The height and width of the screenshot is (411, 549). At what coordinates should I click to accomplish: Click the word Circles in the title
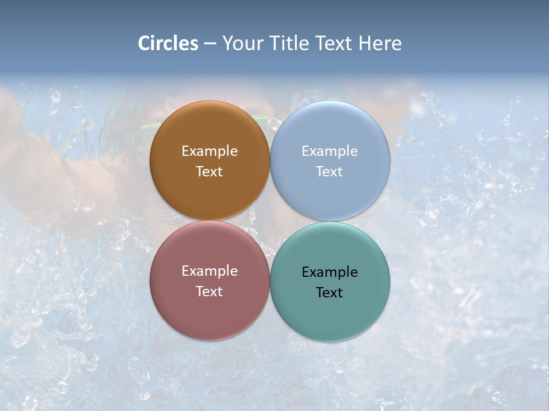click(168, 43)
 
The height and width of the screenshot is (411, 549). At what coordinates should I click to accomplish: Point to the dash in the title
click(210, 44)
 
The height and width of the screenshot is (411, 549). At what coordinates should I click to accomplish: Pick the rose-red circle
click(209, 317)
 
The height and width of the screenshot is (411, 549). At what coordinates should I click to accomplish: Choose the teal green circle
click(330, 317)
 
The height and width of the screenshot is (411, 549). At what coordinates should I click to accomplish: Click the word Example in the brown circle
click(209, 151)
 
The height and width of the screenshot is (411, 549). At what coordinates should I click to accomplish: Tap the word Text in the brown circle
click(209, 172)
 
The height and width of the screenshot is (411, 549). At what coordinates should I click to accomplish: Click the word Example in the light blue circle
click(329, 151)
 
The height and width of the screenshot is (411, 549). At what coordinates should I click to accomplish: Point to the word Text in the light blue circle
click(329, 172)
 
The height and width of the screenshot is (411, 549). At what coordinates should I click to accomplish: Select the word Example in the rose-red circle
click(209, 271)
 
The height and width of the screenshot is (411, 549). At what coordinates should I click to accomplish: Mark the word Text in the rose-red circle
click(209, 292)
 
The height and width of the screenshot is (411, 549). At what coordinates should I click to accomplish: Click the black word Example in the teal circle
click(329, 272)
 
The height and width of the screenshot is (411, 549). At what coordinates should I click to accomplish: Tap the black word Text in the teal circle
click(329, 293)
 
